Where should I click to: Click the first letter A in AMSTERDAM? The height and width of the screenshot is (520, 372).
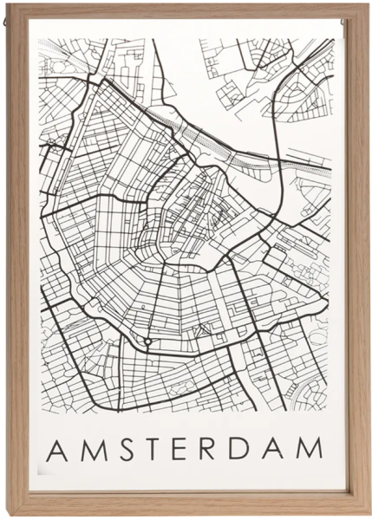tap(56, 449)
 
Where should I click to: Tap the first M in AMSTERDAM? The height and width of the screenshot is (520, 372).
tap(89, 449)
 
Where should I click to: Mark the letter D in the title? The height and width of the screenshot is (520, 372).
tap(239, 449)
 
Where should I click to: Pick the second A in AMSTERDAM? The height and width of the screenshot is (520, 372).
tap(273, 449)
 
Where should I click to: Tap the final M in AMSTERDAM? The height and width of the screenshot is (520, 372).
tap(308, 449)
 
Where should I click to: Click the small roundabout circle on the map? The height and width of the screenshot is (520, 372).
tap(148, 342)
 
